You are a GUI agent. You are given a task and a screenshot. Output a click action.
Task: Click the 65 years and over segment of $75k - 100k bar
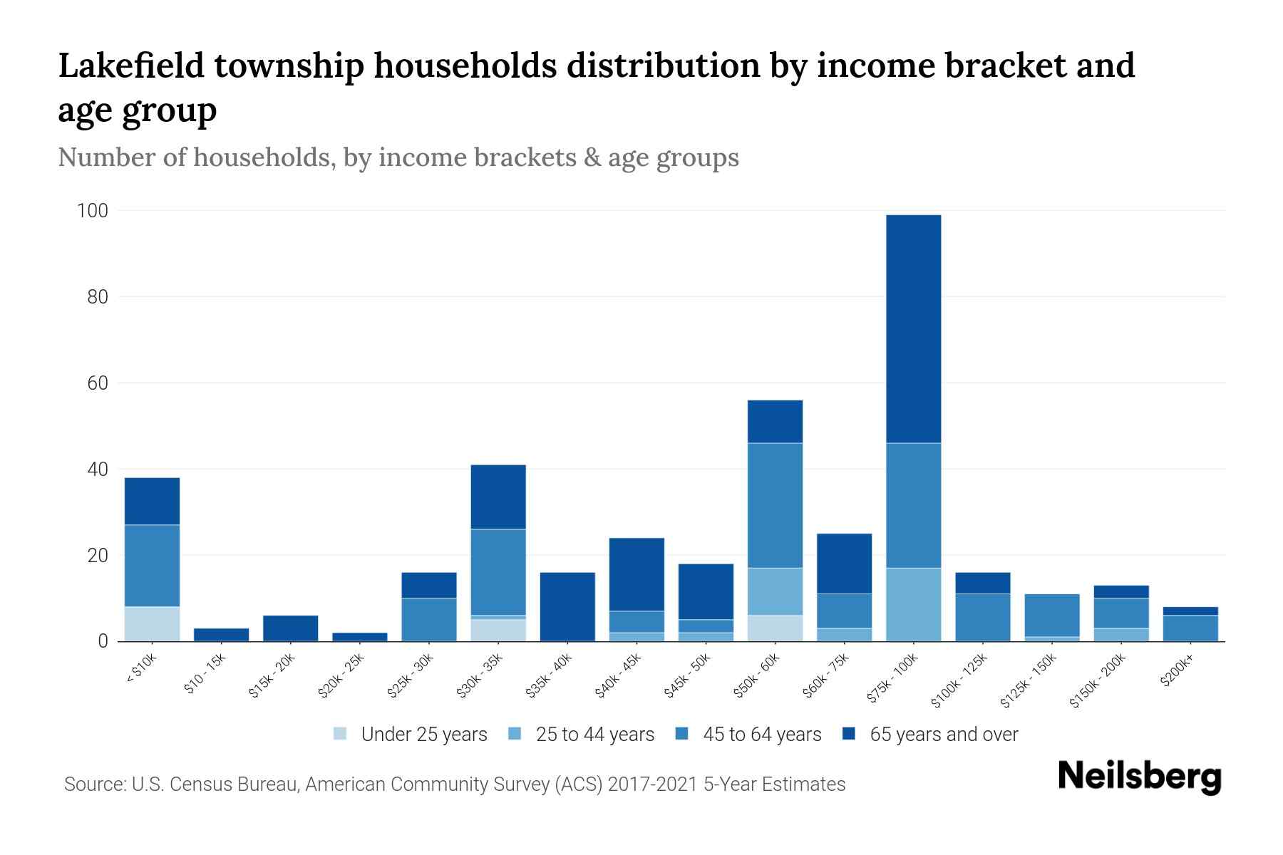[x=913, y=328]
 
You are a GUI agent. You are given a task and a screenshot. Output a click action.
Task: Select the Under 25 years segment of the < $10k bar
[x=152, y=623]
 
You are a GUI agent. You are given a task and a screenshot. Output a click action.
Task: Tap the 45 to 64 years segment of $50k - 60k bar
[x=775, y=505]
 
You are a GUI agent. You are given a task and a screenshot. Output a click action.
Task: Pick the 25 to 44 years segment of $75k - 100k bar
[x=913, y=604]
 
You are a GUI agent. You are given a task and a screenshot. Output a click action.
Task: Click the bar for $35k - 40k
[x=567, y=606]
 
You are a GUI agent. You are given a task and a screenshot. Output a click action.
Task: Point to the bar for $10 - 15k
[x=221, y=635]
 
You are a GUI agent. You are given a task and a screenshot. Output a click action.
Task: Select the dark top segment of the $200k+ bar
[x=1190, y=611]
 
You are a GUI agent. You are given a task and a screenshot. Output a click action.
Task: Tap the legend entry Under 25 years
[x=423, y=735]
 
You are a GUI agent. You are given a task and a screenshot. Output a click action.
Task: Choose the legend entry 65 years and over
[x=943, y=735]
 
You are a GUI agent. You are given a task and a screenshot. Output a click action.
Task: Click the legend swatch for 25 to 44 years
[x=515, y=734]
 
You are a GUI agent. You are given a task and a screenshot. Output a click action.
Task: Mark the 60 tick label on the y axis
[x=98, y=383]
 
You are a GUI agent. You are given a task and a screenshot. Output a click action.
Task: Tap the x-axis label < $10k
[x=143, y=670]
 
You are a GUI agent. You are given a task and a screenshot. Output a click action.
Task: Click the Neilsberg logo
[x=1139, y=777]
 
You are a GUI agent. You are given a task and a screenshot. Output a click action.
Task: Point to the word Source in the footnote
[x=93, y=784]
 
